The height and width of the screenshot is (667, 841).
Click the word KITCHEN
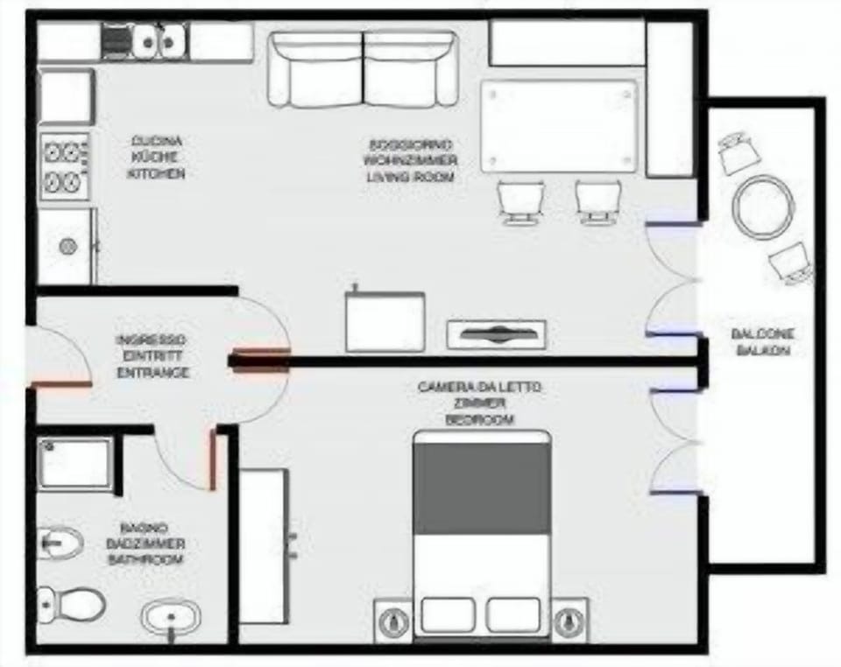click(156, 174)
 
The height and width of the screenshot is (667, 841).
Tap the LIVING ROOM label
click(410, 178)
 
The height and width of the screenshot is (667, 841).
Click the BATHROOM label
click(145, 558)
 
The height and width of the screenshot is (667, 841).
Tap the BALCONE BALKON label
click(762, 342)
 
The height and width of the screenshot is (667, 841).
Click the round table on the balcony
click(763, 207)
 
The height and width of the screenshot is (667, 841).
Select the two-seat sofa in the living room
click(363, 70)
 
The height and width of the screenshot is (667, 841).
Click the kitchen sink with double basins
click(159, 40)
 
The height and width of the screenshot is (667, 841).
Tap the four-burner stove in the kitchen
click(64, 166)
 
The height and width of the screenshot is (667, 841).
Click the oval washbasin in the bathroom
click(170, 618)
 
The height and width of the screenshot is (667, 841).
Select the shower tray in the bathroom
click(74, 464)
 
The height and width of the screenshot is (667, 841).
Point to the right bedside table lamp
click(569, 621)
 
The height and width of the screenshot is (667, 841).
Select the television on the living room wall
click(496, 333)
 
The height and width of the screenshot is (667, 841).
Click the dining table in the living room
click(559, 126)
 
